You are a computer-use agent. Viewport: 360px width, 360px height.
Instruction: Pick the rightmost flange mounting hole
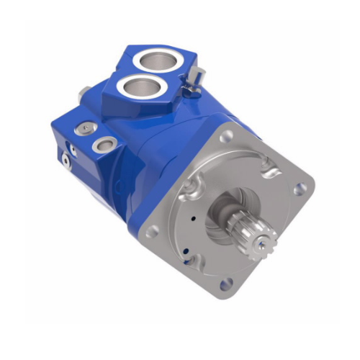click(300, 189)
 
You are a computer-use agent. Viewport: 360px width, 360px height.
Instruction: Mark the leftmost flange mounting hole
click(153, 230)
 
